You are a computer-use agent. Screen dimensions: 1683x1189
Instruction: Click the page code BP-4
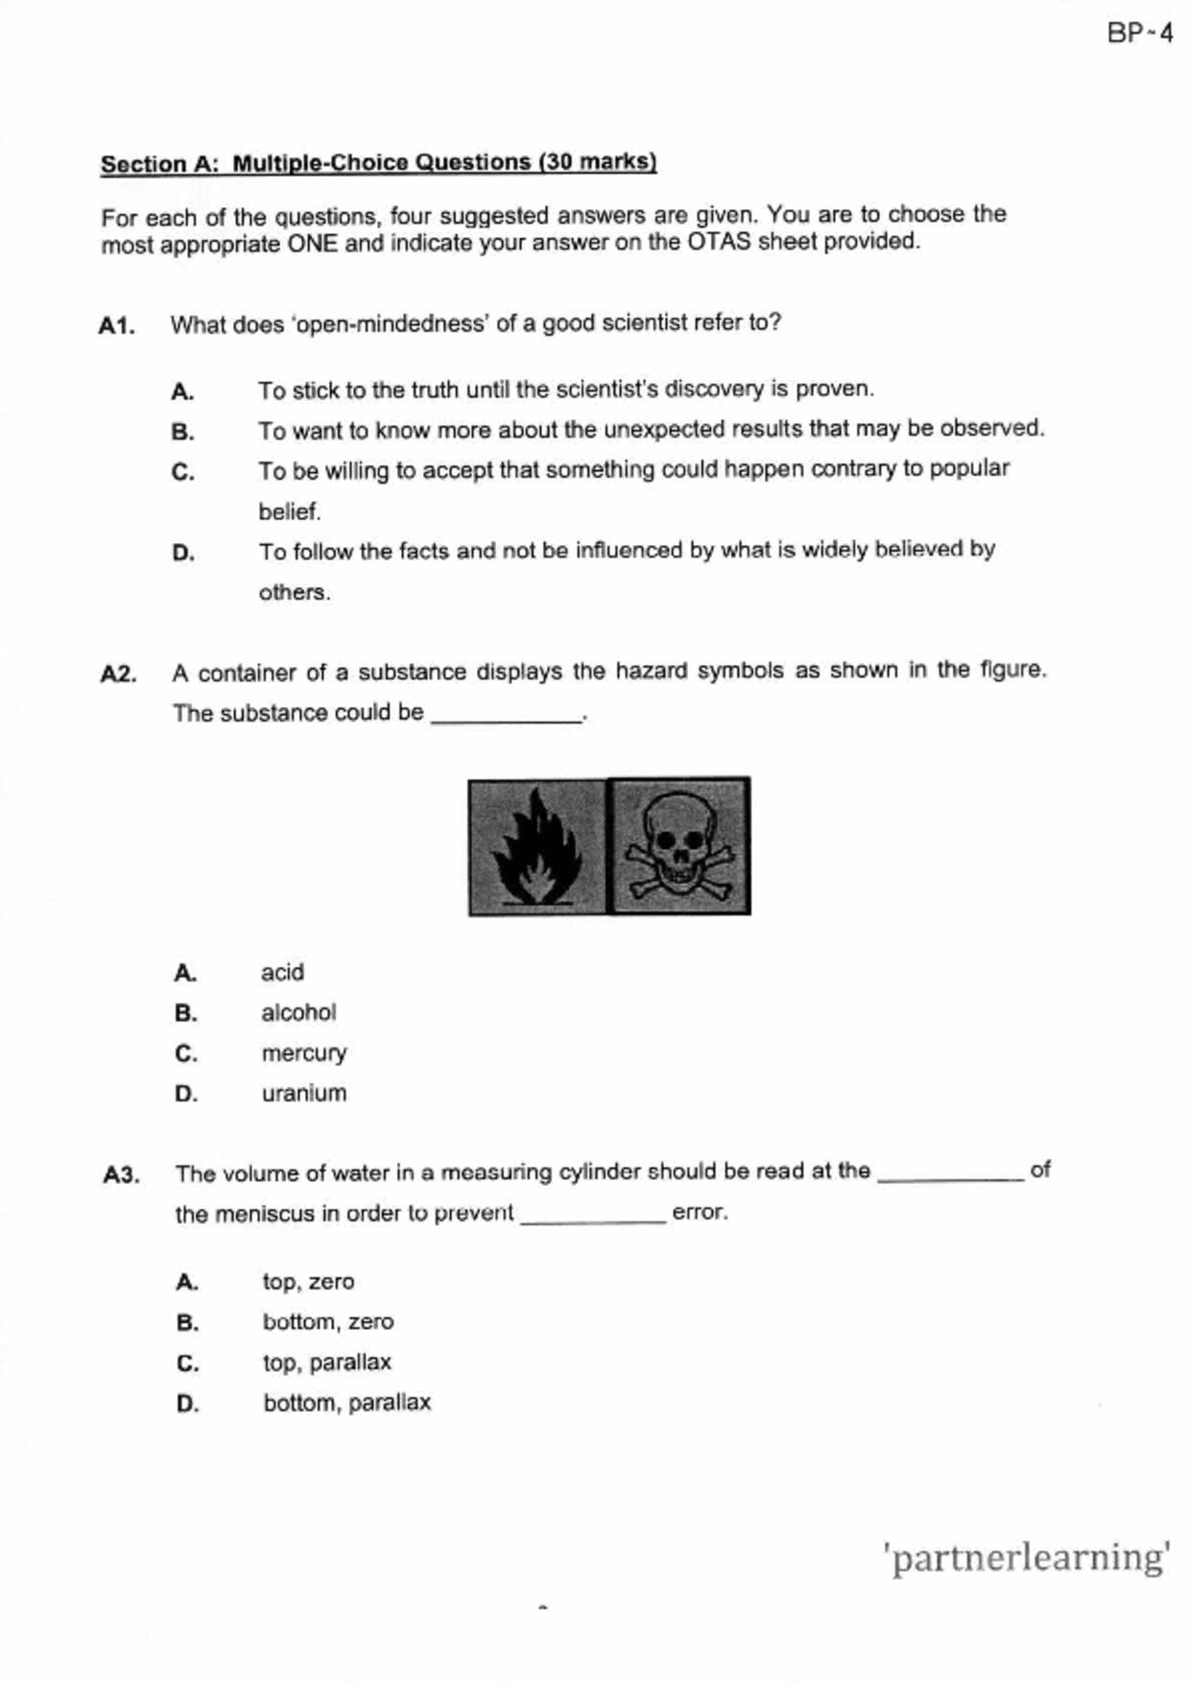pyautogui.click(x=1139, y=34)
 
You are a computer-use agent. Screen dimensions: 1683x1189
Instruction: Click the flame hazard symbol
pyautogui.click(x=537, y=846)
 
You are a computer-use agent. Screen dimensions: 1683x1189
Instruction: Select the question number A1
pyautogui.click(x=116, y=326)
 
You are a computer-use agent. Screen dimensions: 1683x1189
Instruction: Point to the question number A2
pyautogui.click(x=118, y=675)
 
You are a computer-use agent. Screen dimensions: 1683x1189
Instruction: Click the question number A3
pyautogui.click(x=121, y=1174)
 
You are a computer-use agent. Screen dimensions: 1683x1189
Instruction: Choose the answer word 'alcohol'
pyautogui.click(x=298, y=1012)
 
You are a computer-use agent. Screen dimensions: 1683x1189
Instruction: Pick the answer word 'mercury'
pyautogui.click(x=303, y=1053)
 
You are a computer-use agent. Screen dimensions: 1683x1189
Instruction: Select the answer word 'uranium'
pyautogui.click(x=303, y=1093)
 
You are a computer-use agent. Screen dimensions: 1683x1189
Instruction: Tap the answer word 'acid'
pyautogui.click(x=282, y=972)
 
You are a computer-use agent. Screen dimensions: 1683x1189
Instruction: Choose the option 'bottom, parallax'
pyautogui.click(x=346, y=1402)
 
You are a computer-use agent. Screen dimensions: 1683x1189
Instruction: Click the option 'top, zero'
pyautogui.click(x=308, y=1282)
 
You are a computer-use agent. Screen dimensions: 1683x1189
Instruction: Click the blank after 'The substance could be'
pyautogui.click(x=507, y=715)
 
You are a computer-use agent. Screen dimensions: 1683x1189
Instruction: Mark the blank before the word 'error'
pyautogui.click(x=592, y=1216)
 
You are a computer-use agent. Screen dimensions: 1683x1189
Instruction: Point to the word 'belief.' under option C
pyautogui.click(x=289, y=511)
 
